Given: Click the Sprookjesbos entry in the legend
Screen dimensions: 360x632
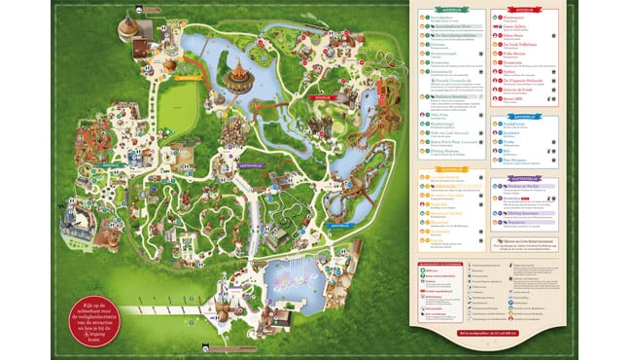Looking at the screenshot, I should pos(442,18).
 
